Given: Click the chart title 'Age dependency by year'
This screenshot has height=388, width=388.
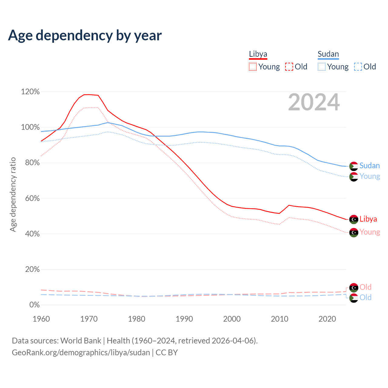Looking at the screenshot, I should pyautogui.click(x=85, y=35).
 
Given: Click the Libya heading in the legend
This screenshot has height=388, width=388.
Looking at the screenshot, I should pyautogui.click(x=258, y=54).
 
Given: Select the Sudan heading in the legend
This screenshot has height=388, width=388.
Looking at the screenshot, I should pyautogui.click(x=328, y=54).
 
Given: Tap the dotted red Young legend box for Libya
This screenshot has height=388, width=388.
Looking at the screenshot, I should pyautogui.click(x=253, y=67).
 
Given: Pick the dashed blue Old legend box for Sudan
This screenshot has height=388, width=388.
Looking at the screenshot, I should pyautogui.click(x=358, y=67).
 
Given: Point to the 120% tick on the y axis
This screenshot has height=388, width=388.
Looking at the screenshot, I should pyautogui.click(x=30, y=92).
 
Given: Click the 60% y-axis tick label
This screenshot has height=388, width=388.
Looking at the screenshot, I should pyautogui.click(x=30, y=198).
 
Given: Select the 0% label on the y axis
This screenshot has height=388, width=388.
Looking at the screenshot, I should pyautogui.click(x=34, y=305).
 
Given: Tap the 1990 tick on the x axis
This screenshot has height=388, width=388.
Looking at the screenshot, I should pyautogui.click(x=184, y=319).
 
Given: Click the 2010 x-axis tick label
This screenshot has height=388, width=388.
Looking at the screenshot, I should pyautogui.click(x=279, y=319).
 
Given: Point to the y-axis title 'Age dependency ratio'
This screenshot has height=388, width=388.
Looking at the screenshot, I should pyautogui.click(x=13, y=194).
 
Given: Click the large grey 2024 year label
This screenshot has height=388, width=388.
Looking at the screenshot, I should pyautogui.click(x=314, y=102).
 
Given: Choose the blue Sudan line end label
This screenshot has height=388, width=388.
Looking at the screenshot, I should pyautogui.click(x=370, y=166).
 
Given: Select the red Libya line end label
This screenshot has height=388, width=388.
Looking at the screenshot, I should pyautogui.click(x=368, y=219).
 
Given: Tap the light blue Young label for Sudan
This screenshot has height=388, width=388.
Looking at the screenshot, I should pyautogui.click(x=370, y=176).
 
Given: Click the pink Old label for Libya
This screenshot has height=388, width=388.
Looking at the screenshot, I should pyautogui.click(x=366, y=287).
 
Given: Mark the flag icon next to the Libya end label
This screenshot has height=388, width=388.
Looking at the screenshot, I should pyautogui.click(x=354, y=219).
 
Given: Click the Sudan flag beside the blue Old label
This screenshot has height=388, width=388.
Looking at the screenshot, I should pyautogui.click(x=354, y=298).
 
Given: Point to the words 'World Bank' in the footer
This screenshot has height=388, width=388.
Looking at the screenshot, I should pyautogui.click(x=81, y=341).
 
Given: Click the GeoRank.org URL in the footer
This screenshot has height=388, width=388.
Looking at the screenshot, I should pyautogui.click(x=81, y=353).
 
